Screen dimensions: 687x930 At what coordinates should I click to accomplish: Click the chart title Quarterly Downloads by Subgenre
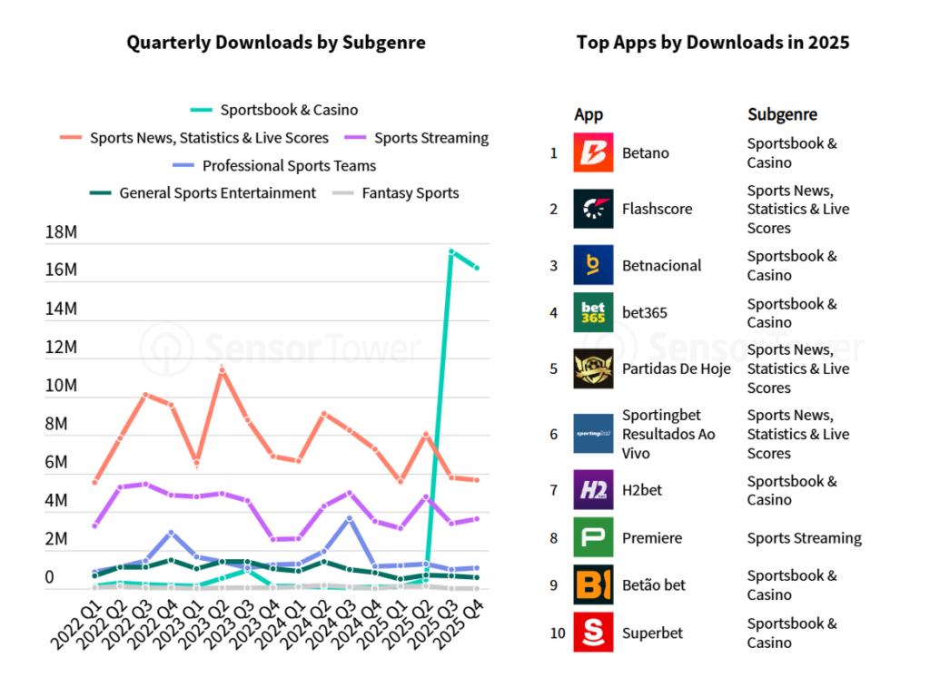(x=276, y=43)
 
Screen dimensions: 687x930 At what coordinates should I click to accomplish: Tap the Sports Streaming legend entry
(x=431, y=138)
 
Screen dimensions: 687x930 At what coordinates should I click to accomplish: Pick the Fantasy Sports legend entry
(x=410, y=192)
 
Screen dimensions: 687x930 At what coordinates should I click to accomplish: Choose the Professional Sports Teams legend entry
(x=289, y=166)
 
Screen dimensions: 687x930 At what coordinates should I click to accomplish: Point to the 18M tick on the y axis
(x=62, y=232)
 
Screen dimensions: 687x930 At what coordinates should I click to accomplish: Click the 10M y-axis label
(x=62, y=386)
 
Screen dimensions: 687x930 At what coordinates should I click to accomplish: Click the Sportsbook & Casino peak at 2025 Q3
(x=451, y=250)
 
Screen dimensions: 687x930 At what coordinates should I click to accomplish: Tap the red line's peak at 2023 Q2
(x=221, y=369)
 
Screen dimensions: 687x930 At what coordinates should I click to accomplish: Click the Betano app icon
(x=593, y=152)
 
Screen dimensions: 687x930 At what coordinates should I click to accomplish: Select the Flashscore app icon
(x=593, y=209)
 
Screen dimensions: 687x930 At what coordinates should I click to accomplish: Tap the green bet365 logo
(x=593, y=312)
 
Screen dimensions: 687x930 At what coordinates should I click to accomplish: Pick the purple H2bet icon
(x=593, y=490)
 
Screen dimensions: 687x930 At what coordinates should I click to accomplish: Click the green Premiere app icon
(x=593, y=537)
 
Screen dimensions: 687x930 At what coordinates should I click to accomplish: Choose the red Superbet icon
(x=593, y=633)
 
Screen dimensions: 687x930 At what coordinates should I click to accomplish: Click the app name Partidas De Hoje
(x=677, y=368)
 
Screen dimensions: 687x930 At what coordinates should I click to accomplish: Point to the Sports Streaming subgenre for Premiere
(x=804, y=538)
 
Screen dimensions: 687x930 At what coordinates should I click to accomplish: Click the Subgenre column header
(x=782, y=114)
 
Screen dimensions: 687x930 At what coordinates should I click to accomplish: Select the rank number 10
(x=557, y=633)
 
